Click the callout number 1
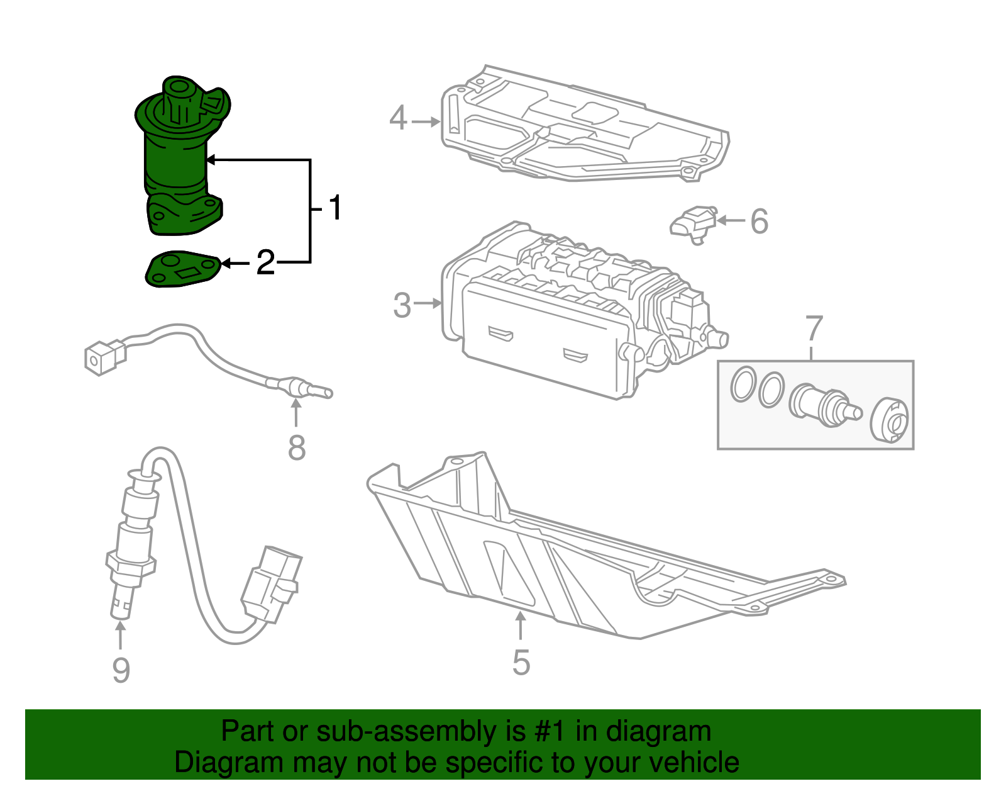tap(335, 208)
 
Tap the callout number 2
tap(265, 262)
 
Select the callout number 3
tap(402, 305)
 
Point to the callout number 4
tap(398, 118)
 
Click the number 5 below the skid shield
tap(521, 663)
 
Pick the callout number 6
tap(760, 222)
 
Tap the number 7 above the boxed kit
tap(814, 328)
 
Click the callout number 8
tap(296, 448)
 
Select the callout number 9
tap(121, 670)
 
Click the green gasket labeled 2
tap(182, 270)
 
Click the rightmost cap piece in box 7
tap(890, 420)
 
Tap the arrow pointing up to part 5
tap(521, 626)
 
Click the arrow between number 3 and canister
tap(428, 303)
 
